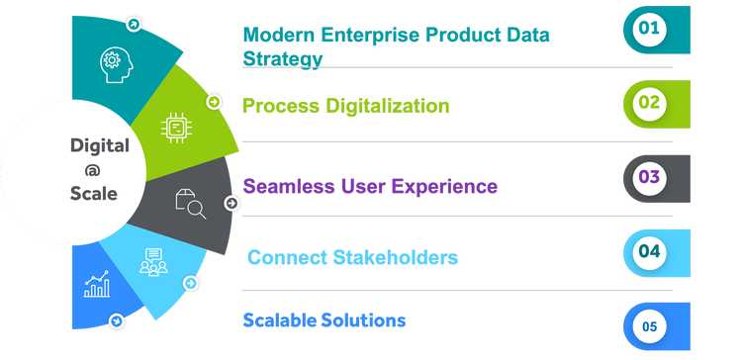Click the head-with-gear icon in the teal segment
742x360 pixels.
(x=116, y=64)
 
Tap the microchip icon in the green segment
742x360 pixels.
(x=176, y=128)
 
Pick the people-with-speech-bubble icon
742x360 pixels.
(x=153, y=262)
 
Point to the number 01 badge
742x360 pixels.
(x=649, y=29)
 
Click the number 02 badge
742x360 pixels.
(x=649, y=103)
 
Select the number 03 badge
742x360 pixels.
(x=649, y=177)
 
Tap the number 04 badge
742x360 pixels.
(x=649, y=251)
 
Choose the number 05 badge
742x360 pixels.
(x=649, y=326)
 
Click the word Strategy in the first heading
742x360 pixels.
(x=283, y=59)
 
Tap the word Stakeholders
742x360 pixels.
(x=396, y=258)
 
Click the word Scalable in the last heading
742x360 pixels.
(x=280, y=320)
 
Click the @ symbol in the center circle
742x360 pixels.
(x=93, y=170)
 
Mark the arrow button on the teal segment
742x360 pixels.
(x=134, y=24)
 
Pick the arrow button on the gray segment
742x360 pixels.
(x=232, y=204)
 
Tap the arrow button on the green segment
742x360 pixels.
(x=214, y=102)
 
